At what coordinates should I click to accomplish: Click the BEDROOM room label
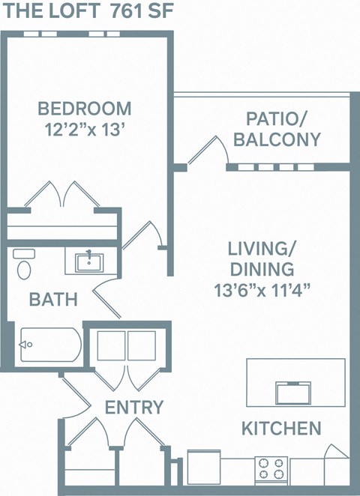pos(85,109)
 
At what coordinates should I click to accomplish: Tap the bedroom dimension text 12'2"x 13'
pos(85,128)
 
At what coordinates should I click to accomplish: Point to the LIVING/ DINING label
pos(261,258)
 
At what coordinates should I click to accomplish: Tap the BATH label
pos(53,300)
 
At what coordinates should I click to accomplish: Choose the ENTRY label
pos(134,408)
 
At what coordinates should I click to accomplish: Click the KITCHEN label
pos(281,429)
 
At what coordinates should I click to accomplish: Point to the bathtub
pos(49,345)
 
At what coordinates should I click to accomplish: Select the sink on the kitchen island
pos(293,392)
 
